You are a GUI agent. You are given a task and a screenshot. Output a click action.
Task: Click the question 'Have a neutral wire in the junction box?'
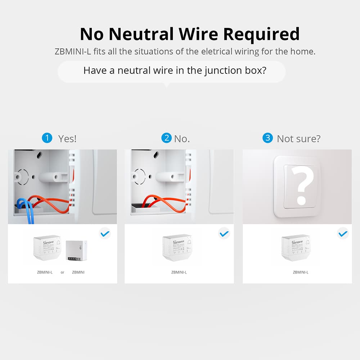(175, 70)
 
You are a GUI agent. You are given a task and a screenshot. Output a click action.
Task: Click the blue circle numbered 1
(47, 138)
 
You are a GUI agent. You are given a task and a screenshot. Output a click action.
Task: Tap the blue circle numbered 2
(166, 138)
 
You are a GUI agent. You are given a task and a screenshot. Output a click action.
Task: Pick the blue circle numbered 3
(267, 138)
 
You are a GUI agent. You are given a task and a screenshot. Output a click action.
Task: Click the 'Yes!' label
(67, 139)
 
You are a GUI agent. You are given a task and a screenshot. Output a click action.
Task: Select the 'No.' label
(182, 139)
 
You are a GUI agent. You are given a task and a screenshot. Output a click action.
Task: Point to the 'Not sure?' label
(298, 139)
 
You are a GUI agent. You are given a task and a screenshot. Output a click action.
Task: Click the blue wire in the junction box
(25, 211)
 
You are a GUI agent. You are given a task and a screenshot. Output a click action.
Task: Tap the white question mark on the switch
(302, 186)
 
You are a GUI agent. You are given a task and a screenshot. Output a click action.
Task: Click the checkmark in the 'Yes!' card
(105, 234)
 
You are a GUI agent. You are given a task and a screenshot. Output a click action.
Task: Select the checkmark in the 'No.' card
(224, 234)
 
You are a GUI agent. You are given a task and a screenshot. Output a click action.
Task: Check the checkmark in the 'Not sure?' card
(343, 234)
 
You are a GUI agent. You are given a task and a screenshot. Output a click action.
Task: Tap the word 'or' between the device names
(62, 273)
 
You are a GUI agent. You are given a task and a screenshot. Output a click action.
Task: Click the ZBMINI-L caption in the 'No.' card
(179, 273)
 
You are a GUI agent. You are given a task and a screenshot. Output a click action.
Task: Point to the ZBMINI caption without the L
(78, 273)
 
